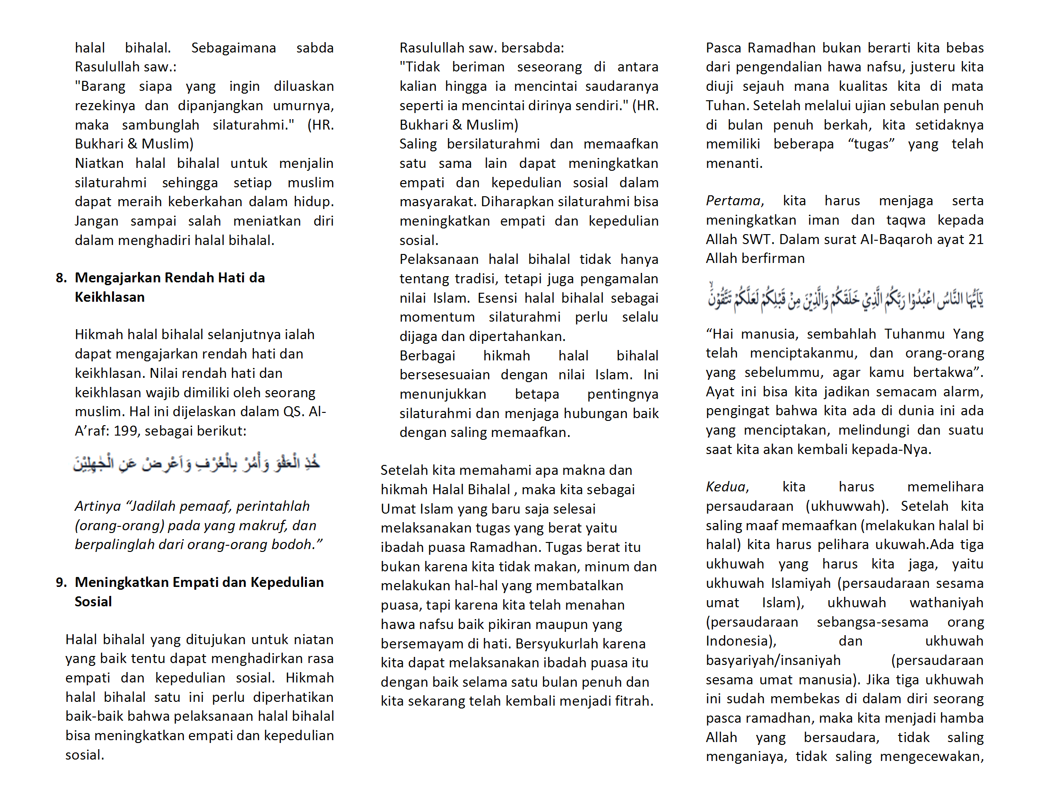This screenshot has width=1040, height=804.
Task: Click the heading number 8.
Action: (61, 278)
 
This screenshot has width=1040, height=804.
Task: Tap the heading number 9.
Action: (61, 583)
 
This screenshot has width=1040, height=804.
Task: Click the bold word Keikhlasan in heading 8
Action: (110, 297)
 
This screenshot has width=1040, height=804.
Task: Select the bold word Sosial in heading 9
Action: (93, 602)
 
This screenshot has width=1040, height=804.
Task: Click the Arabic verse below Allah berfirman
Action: (845, 297)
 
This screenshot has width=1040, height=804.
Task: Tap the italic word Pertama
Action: (733, 201)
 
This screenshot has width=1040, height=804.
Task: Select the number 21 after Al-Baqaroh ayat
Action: (976, 240)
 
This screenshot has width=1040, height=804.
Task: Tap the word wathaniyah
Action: (946, 603)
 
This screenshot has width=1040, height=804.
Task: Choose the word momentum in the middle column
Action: (437, 317)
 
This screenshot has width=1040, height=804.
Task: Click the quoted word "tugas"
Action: (871, 144)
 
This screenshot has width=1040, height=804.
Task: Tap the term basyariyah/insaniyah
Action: (773, 661)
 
